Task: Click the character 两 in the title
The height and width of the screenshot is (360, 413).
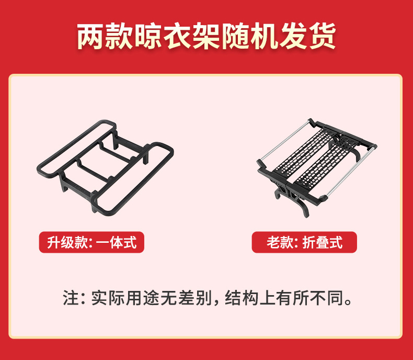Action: point(90,36)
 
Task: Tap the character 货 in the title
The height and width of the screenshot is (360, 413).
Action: point(323,36)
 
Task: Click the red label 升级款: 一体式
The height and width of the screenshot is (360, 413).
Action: point(91,242)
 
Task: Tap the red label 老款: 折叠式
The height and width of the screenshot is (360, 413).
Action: point(304,242)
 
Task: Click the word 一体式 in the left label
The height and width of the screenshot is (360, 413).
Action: point(116,242)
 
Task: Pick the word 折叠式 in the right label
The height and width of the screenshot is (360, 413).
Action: point(323,242)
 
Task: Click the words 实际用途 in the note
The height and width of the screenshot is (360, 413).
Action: point(125,298)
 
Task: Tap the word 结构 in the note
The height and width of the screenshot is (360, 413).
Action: point(242,298)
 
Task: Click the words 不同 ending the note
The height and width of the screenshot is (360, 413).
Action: point(327,298)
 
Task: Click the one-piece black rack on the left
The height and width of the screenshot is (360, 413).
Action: point(106,166)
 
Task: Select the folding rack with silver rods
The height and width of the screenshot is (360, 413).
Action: point(317,167)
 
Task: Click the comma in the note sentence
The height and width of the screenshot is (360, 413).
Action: point(216,302)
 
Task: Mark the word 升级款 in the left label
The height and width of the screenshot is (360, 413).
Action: point(67,242)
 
